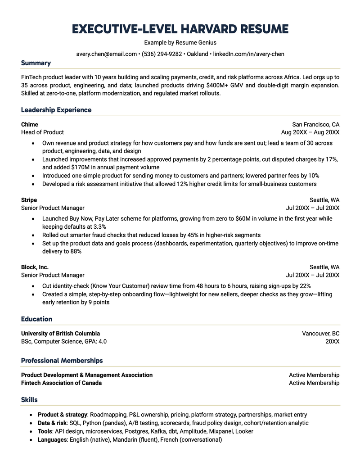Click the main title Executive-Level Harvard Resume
pyautogui.click(x=180, y=29)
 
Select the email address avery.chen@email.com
pyautogui.click(x=106, y=54)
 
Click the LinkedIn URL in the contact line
pyautogui.click(x=248, y=54)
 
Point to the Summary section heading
pyautogui.click(x=36, y=63)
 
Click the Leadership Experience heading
pyautogui.click(x=56, y=110)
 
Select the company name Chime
pyautogui.click(x=30, y=124)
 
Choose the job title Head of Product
pyautogui.click(x=42, y=132)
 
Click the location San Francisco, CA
pyautogui.click(x=315, y=124)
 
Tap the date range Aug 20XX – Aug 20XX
pyautogui.click(x=310, y=132)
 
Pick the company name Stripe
pyautogui.click(x=29, y=200)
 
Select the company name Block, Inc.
pyautogui.click(x=35, y=267)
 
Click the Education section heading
pyautogui.click(x=36, y=319)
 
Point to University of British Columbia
pyautogui.click(x=60, y=334)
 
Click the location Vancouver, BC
pyautogui.click(x=320, y=334)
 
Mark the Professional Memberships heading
pyautogui.click(x=62, y=361)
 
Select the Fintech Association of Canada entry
pyautogui.click(x=61, y=383)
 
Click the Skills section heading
pyautogui.click(x=29, y=400)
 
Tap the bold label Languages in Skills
pyautogui.click(x=52, y=439)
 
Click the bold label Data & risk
pyautogui.click(x=52, y=423)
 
